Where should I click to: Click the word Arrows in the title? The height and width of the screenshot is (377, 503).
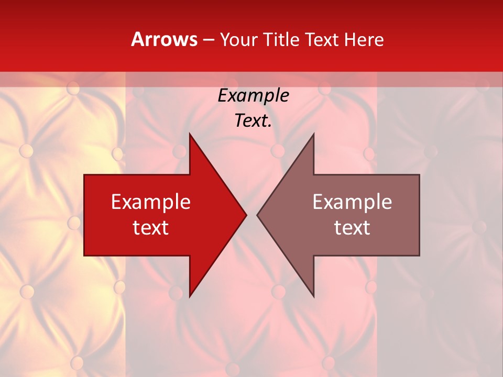click(164, 39)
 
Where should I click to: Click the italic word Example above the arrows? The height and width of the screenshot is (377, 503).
click(253, 95)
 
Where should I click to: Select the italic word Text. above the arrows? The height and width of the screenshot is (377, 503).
click(253, 121)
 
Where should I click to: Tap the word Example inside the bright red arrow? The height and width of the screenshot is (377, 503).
click(151, 202)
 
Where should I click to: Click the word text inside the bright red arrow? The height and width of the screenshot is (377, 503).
click(151, 228)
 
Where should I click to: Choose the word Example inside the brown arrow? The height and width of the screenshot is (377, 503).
click(352, 202)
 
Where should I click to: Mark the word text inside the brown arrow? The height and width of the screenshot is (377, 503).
click(352, 228)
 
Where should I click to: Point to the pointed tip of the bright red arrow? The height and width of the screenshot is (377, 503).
click(246, 215)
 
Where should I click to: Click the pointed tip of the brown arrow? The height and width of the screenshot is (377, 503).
click(257, 215)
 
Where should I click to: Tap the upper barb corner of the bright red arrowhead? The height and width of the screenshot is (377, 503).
click(190, 134)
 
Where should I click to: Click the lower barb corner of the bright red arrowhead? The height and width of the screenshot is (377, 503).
click(190, 296)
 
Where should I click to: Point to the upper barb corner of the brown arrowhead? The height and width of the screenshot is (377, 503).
click(313, 134)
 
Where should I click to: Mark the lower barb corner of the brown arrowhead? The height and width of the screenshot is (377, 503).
click(313, 296)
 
